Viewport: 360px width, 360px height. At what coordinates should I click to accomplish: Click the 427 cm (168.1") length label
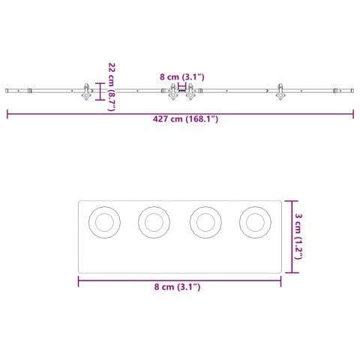pyautogui.click(x=180, y=118)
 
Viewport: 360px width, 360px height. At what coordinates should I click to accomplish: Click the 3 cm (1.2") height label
pyautogui.click(x=298, y=235)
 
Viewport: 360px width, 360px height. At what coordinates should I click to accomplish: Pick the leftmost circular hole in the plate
pyautogui.click(x=104, y=222)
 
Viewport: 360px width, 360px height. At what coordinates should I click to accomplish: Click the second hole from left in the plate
pyautogui.click(x=154, y=222)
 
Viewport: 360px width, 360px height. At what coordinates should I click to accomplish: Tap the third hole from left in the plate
pyautogui.click(x=205, y=222)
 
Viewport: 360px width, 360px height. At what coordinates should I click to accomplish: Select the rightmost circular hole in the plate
pyautogui.click(x=255, y=222)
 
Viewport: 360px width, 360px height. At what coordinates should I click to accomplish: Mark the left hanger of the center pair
pyautogui.click(x=172, y=94)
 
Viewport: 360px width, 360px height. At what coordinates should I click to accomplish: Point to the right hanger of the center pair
pyautogui.click(x=190, y=94)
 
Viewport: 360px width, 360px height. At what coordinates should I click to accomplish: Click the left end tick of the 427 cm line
pyautogui.click(x=7, y=115)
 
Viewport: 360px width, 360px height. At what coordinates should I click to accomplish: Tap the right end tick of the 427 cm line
pyautogui.click(x=353, y=115)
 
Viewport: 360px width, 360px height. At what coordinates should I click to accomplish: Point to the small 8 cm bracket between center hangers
pyautogui.click(x=181, y=87)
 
